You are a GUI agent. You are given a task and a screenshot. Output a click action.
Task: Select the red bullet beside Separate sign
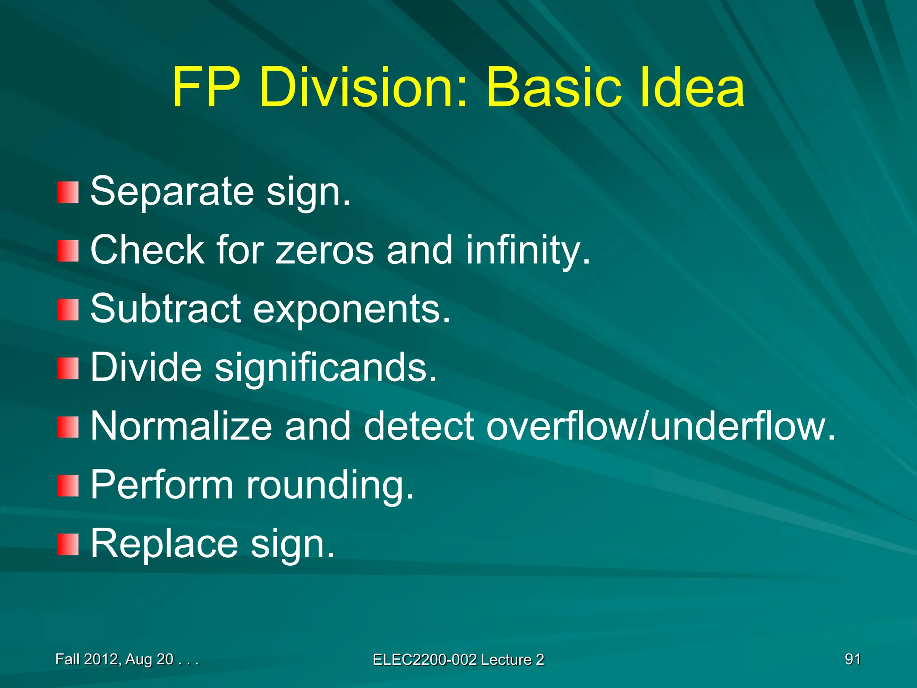[x=68, y=192]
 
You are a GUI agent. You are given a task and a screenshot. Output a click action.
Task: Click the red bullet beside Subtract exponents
[x=68, y=310]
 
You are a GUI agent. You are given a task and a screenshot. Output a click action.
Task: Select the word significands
[x=326, y=368]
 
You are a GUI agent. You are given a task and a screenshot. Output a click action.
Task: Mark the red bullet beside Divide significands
[x=68, y=368]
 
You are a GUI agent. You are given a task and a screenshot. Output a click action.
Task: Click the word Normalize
[x=181, y=426]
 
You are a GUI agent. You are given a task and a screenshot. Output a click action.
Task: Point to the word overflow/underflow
[x=660, y=426]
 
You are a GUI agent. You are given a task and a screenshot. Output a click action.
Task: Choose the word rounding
[x=330, y=486]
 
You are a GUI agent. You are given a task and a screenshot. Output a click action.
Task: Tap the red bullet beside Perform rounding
[x=68, y=486]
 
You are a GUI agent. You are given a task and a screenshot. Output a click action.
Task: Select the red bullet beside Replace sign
[x=68, y=544]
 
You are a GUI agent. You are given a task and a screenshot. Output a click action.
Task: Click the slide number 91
[x=853, y=659]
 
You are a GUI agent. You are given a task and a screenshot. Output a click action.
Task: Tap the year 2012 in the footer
[x=101, y=659]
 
